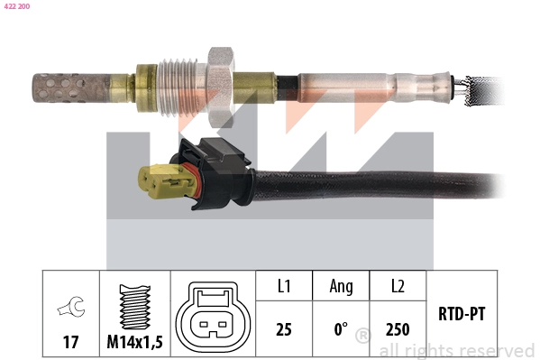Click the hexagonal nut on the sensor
[218, 80]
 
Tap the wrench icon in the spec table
[69, 309]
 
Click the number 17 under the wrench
[69, 342]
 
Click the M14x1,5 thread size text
[134, 342]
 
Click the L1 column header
[283, 287]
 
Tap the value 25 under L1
[283, 329]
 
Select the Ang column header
[341, 287]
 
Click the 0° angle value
[341, 329]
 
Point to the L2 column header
[397, 287]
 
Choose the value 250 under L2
[397, 329]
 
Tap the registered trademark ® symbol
[362, 337]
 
